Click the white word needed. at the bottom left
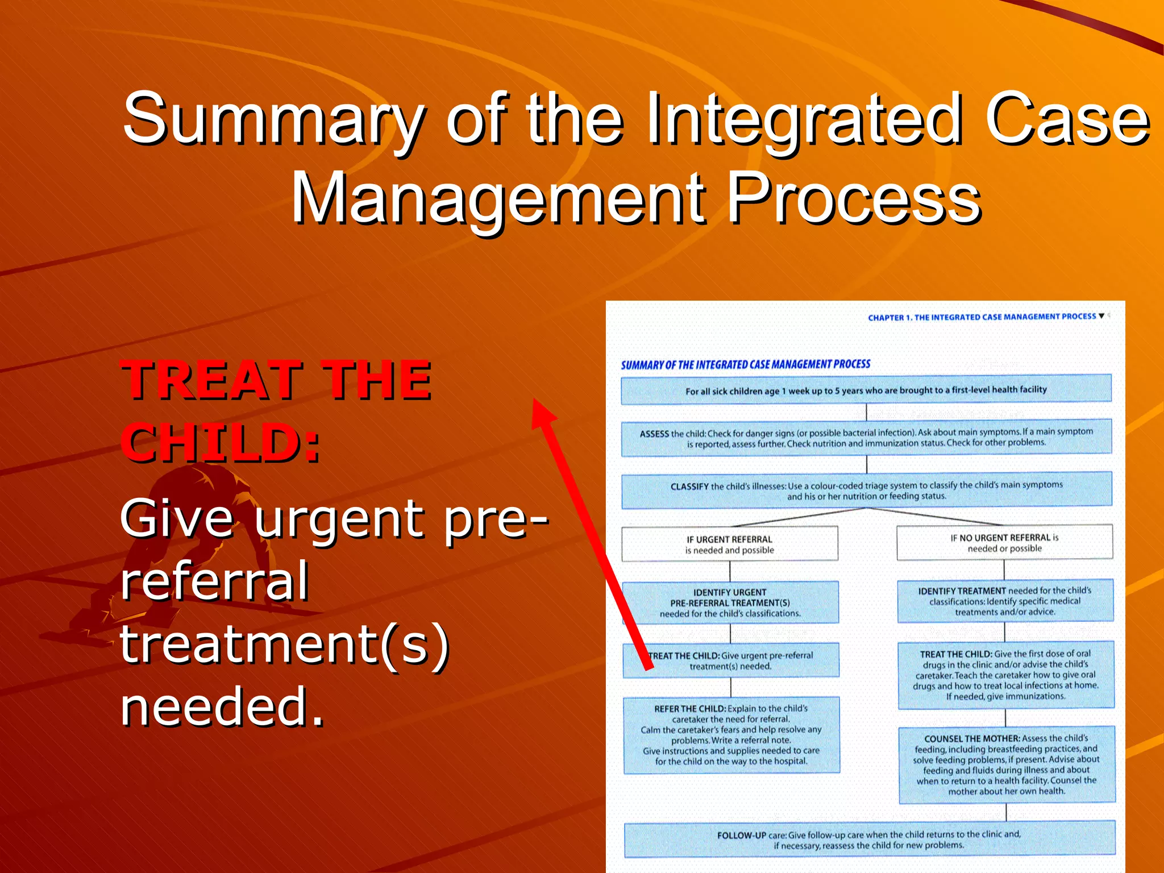tap(222, 706)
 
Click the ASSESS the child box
tap(866, 438)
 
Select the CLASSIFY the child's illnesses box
tap(866, 490)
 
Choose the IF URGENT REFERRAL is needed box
tap(730, 544)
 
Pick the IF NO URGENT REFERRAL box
tap(1004, 542)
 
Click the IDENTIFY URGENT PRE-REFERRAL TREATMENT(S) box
tap(730, 602)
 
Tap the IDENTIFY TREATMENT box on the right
tap(1005, 601)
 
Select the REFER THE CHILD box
tap(731, 735)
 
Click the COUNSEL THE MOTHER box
tap(1006, 764)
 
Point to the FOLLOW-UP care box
tap(869, 839)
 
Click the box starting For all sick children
tap(866, 390)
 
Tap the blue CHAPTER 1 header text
tap(982, 317)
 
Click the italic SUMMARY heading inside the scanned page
tap(745, 364)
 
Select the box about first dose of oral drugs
tap(1005, 675)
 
